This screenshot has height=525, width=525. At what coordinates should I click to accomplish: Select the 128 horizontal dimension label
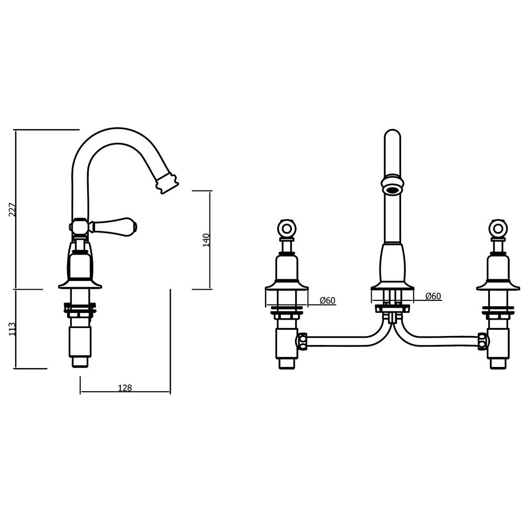click(125, 388)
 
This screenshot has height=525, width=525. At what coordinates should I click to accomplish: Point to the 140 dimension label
click(206, 239)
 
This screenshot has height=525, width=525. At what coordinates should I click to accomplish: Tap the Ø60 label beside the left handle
click(328, 300)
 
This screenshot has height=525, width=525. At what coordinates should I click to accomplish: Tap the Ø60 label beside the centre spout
click(433, 296)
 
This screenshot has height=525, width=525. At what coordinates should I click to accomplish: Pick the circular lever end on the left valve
click(287, 228)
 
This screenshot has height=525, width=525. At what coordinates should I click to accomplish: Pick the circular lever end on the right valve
click(498, 228)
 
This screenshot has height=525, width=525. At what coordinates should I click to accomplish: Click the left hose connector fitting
click(301, 341)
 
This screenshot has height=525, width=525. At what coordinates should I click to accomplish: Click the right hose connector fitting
click(483, 341)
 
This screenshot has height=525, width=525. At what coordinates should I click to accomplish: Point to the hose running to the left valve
click(346, 341)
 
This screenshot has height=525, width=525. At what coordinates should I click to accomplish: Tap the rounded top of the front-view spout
click(392, 135)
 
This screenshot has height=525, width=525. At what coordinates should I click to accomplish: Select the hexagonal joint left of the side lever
click(79, 227)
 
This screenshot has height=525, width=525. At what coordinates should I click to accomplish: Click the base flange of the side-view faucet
click(80, 285)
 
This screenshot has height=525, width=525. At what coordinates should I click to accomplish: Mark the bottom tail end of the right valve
click(498, 363)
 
